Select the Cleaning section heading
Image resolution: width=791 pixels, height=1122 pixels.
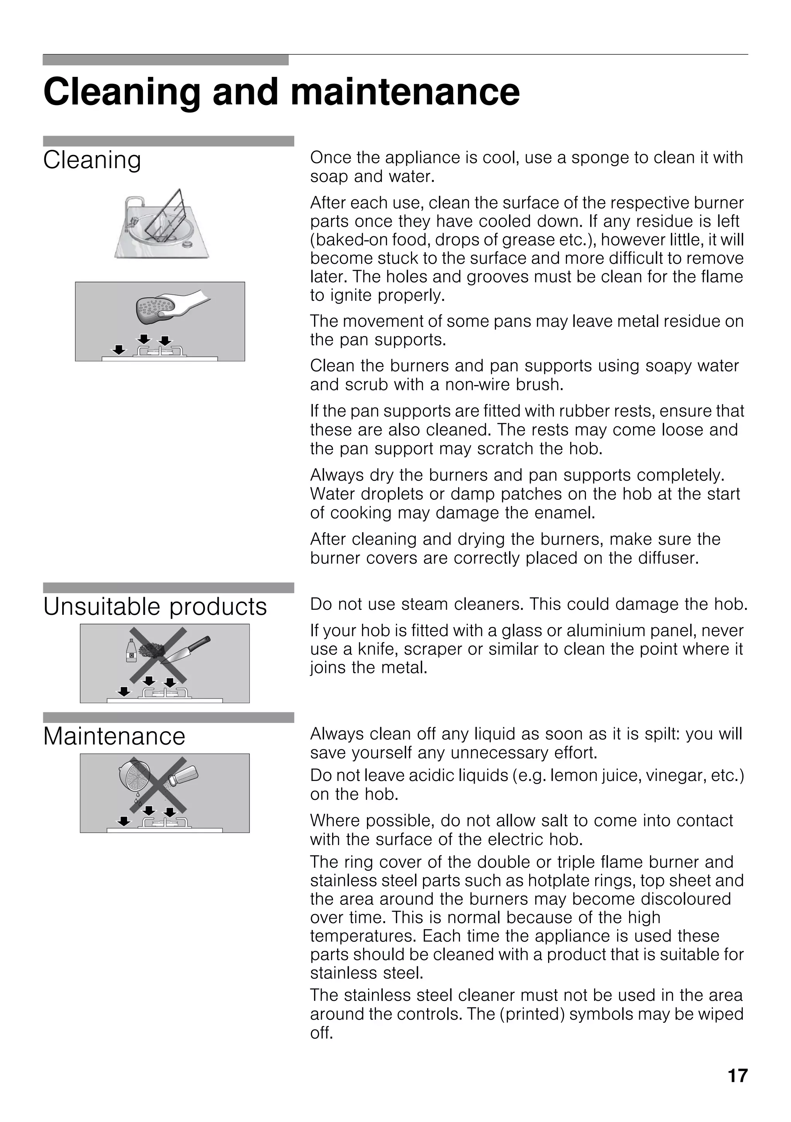92,160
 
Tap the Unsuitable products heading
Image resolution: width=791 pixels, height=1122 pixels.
155,607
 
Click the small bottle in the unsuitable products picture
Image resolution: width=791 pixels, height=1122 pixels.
131,652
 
